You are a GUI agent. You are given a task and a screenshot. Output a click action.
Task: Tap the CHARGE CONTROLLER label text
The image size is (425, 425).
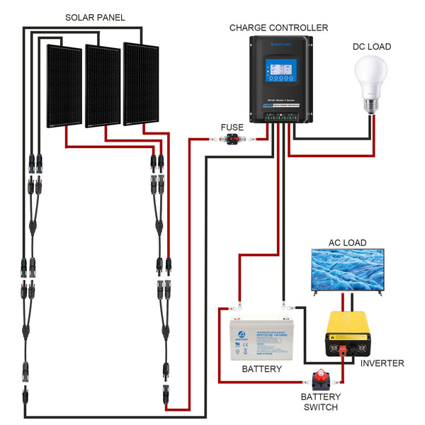click(278, 28)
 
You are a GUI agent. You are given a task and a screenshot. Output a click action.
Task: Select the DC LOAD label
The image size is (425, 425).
click(372, 47)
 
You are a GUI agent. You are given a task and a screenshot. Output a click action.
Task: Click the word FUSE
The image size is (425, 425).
click(232, 127)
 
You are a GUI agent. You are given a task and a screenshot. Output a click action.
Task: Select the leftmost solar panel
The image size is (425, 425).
click(64, 86)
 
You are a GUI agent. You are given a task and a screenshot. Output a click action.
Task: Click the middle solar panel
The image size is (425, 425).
click(103, 86)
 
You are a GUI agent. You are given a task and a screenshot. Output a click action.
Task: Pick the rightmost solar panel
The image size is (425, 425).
click(141, 84)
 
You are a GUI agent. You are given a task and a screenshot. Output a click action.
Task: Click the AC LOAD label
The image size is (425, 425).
click(347, 243)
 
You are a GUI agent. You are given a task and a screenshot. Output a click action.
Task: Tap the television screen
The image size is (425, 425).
click(347, 269)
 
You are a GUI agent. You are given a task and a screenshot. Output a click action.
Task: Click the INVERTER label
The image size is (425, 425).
click(382, 363)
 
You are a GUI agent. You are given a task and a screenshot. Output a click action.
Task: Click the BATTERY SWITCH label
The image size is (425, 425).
click(320, 402)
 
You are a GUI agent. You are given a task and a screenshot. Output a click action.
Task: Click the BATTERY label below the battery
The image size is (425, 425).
click(261, 369)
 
